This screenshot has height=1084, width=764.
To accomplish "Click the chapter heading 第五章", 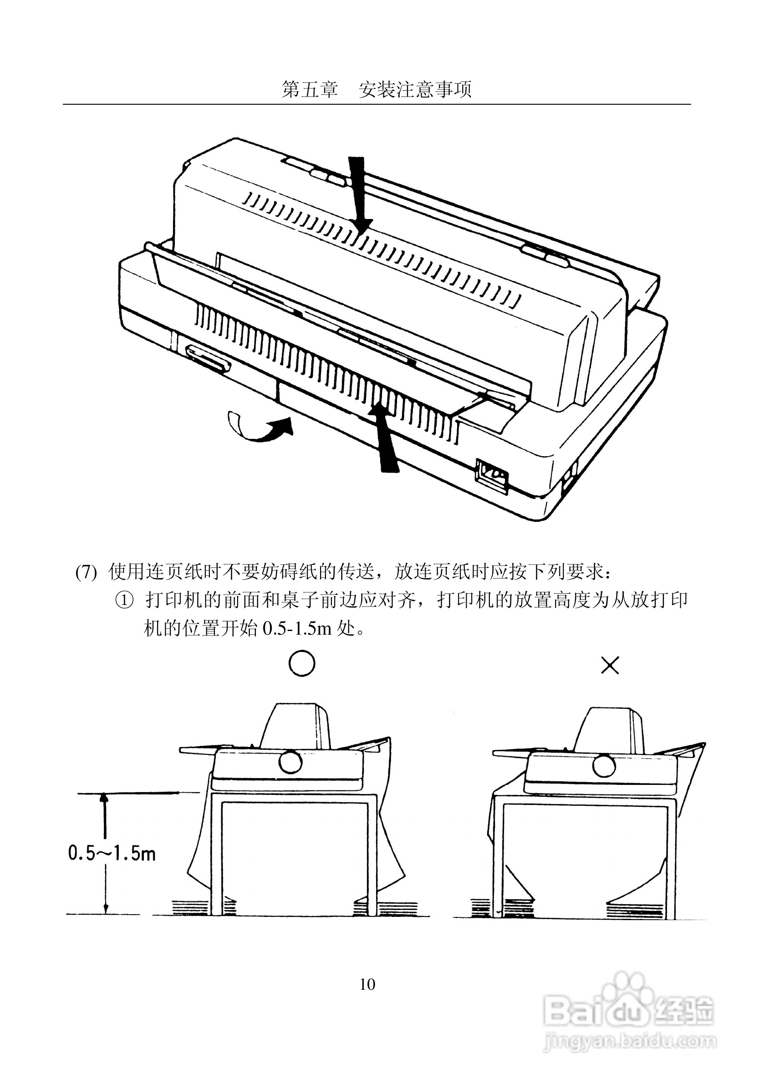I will click(x=310, y=89).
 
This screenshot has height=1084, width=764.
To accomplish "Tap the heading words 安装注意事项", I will click(x=415, y=89).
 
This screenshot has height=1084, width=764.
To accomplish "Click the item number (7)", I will click(x=86, y=573).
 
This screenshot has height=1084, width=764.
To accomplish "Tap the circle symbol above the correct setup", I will click(x=301, y=664).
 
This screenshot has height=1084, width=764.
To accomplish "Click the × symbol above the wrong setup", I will click(x=610, y=666).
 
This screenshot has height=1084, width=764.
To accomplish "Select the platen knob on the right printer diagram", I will click(x=604, y=765).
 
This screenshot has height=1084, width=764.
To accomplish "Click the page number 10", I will click(x=367, y=984).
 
